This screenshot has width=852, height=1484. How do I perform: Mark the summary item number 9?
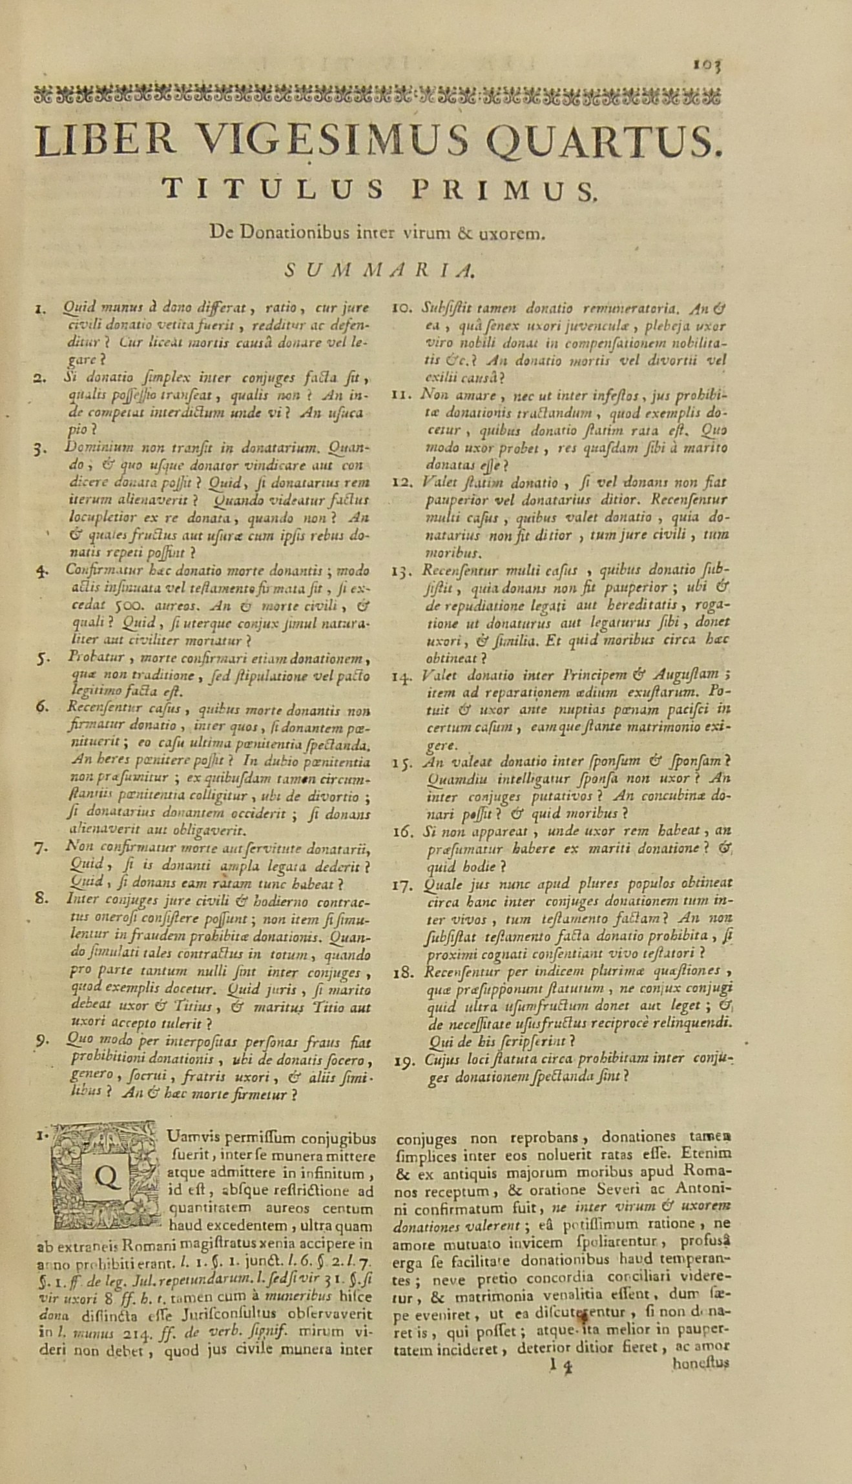tap(41, 1041)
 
